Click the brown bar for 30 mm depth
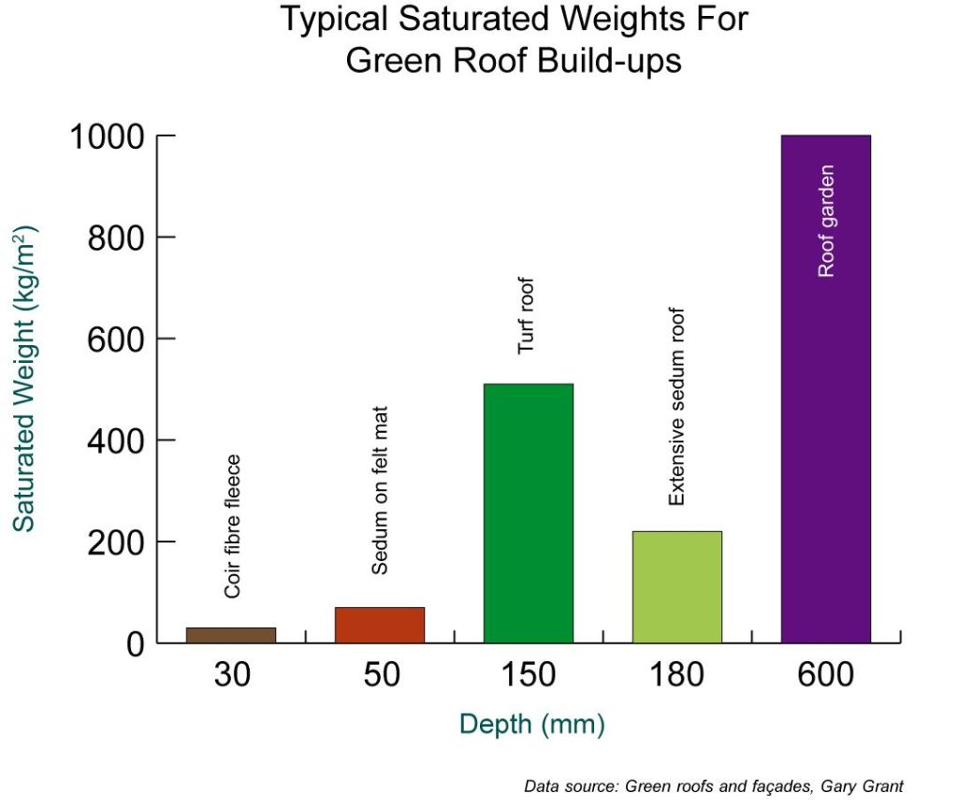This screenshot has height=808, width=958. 231,635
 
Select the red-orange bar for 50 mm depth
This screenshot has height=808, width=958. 380,625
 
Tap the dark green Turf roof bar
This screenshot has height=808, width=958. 528,512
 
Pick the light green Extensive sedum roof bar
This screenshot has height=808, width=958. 677,586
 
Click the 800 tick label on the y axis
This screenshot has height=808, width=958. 116,238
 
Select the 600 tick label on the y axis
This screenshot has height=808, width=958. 116,339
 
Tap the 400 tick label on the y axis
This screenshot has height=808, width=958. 116,440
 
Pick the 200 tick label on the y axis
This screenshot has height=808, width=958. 116,542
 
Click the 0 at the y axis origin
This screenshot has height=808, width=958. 135,644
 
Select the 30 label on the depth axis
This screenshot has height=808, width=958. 232,675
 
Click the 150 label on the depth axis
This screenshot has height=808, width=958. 528,675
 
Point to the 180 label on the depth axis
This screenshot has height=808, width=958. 676,675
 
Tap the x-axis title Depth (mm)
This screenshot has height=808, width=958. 531,725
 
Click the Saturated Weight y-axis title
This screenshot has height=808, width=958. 25,379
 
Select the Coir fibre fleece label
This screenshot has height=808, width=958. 233,526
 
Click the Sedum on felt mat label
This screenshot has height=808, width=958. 380,489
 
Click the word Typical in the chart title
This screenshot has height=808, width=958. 336,20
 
